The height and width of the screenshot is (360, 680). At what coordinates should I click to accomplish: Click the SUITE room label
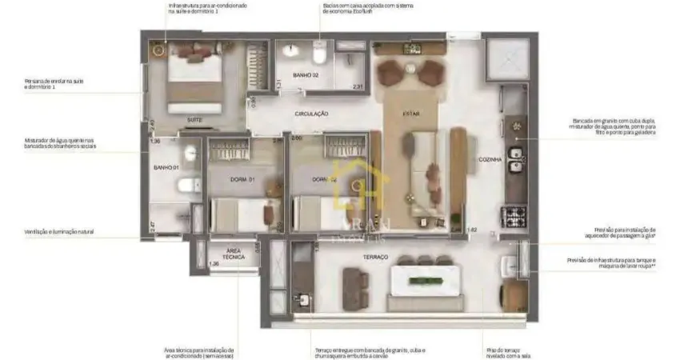(194, 120)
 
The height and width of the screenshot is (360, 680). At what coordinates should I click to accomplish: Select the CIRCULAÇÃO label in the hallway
(311, 114)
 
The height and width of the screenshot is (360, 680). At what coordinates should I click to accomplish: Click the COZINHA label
(490, 160)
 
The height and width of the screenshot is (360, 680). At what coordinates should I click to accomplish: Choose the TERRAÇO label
(374, 257)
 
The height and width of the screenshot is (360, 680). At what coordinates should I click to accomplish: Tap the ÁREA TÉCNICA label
(234, 253)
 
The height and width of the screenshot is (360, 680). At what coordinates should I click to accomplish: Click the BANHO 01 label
(165, 168)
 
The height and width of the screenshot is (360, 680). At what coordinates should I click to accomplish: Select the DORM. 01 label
(240, 179)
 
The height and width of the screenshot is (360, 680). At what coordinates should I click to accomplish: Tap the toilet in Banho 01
(187, 186)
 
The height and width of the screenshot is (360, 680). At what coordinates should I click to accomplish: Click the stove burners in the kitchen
(512, 214)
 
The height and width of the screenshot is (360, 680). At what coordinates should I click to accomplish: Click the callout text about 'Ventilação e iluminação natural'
(58, 231)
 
